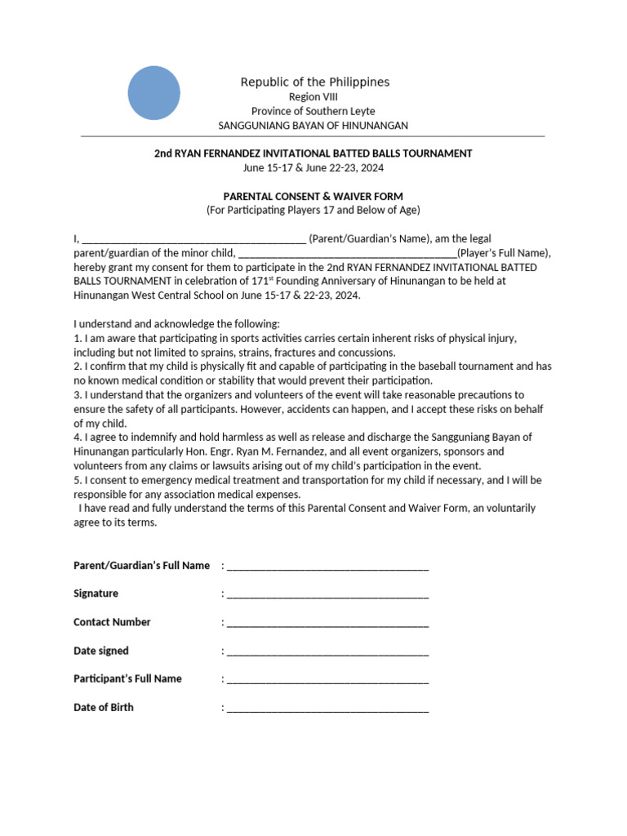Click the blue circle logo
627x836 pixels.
point(153,93)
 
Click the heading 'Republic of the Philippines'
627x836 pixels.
point(314,82)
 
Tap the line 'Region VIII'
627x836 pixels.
point(313,97)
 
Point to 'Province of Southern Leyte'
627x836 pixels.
point(313,111)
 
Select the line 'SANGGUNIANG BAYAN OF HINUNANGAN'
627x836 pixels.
point(313,126)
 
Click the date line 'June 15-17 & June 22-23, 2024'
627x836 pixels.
point(313,168)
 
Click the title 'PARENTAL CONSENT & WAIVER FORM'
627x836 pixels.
point(313,196)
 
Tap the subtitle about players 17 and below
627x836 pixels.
point(313,210)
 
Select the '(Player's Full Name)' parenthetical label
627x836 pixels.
point(504,253)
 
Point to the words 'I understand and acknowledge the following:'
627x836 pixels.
point(176,323)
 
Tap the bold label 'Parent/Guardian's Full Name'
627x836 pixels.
point(142,566)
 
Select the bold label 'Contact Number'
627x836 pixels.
point(112,622)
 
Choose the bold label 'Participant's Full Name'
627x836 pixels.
point(127,678)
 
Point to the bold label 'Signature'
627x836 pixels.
point(96,594)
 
